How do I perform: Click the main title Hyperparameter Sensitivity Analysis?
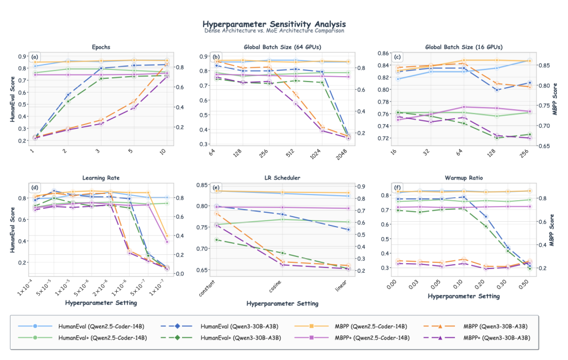click(274, 24)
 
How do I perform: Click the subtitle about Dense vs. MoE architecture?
click(274, 30)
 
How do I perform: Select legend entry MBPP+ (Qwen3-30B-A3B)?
click(490, 337)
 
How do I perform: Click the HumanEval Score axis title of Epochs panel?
click(12, 98)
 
